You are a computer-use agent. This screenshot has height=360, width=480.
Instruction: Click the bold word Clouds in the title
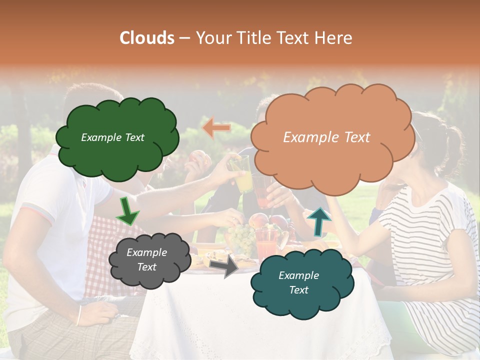click(147, 38)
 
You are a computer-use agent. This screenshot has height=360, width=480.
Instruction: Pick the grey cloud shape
click(149, 260)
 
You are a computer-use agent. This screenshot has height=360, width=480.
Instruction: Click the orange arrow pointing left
click(216, 128)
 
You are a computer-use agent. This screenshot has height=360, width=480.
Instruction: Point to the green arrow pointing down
click(127, 211)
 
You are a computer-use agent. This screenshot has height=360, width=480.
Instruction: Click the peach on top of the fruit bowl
click(258, 220)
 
